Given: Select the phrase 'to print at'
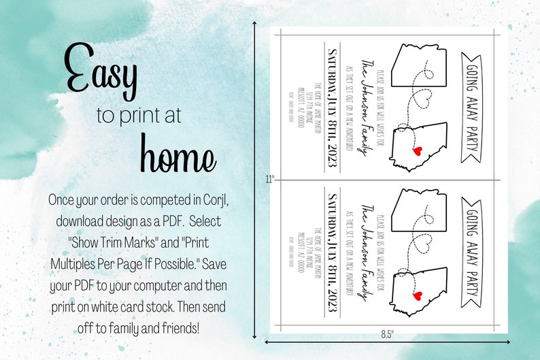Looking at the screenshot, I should [x=139, y=116].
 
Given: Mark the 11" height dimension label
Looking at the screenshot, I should [x=270, y=180].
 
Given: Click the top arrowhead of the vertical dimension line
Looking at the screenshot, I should [x=254, y=23].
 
